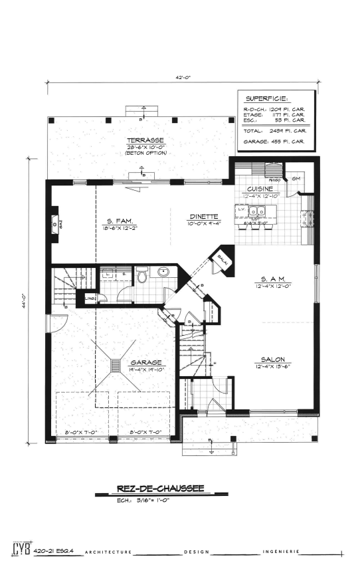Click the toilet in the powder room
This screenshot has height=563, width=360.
[141, 275]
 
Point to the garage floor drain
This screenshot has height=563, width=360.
[116, 365]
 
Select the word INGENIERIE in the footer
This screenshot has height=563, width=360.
[284, 551]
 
